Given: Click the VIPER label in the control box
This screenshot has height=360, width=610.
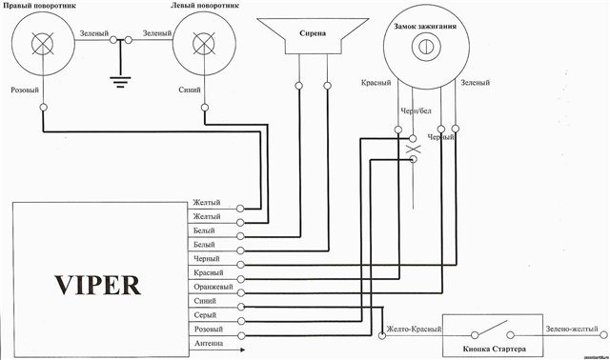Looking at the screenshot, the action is (x=97, y=286).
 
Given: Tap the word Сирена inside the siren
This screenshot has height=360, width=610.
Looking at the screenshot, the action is (x=313, y=33).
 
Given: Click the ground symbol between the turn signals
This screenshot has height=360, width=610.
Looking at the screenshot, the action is (x=120, y=82).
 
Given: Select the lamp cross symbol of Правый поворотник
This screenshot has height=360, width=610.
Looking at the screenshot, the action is (x=42, y=44).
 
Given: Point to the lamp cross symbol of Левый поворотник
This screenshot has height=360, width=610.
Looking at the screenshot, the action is (x=204, y=44).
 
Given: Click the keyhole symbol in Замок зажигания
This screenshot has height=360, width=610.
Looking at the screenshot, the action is (x=426, y=47).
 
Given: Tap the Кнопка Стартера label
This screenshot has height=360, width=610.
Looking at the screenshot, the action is (x=494, y=349).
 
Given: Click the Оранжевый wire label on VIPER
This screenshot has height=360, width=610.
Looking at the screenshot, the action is (x=213, y=287).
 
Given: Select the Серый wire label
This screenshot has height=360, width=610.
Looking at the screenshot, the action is (x=205, y=315).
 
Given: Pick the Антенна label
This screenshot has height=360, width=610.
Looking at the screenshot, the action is (x=209, y=343).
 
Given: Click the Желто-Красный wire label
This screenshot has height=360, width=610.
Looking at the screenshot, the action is (x=414, y=329).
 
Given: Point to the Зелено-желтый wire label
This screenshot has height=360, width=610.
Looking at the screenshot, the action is (x=572, y=329).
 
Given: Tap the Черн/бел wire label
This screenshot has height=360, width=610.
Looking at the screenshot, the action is (x=416, y=111).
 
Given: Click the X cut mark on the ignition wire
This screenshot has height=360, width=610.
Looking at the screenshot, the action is (x=413, y=149).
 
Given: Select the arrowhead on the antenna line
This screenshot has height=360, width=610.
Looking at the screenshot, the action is (x=242, y=350).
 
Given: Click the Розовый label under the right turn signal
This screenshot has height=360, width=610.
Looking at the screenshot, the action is (x=25, y=90).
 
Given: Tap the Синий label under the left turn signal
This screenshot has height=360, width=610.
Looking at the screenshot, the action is (x=190, y=90).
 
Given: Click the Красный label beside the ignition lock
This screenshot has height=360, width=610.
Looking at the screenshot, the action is (x=376, y=83).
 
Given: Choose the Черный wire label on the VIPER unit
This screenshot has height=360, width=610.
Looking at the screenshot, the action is (x=207, y=258).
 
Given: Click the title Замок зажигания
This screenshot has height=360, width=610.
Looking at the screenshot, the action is (x=425, y=27).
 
